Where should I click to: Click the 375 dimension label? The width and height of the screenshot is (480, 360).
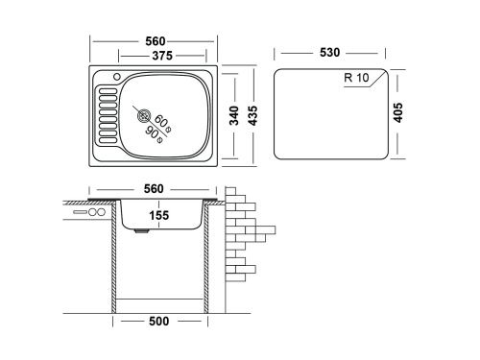[x=162, y=56]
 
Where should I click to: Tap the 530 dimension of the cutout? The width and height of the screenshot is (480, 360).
[x=329, y=53]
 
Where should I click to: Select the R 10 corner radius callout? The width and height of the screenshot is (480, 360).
[x=356, y=78]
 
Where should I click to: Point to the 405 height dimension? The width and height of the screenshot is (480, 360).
[x=398, y=112]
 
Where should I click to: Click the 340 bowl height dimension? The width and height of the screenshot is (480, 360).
[x=234, y=115]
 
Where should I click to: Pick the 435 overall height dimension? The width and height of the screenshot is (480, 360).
[x=252, y=115]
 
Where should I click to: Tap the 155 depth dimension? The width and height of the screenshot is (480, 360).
[x=159, y=215]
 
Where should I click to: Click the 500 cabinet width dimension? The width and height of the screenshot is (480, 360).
[x=159, y=321]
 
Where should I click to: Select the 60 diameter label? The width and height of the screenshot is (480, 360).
[x=162, y=123]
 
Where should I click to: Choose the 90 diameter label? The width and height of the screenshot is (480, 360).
[x=154, y=134]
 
